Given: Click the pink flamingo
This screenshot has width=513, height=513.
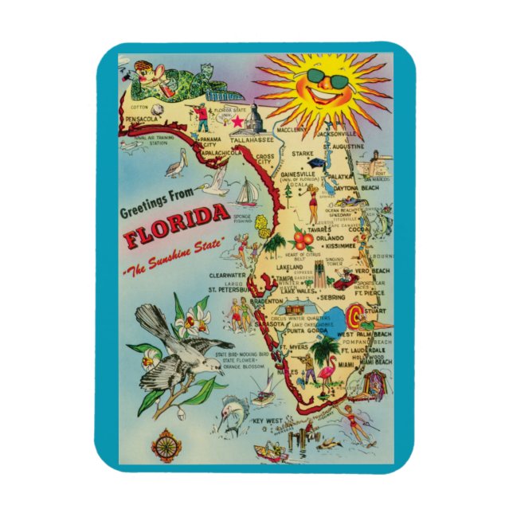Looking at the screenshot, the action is [328, 374].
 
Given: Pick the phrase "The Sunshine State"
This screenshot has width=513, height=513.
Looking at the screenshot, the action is [174, 253].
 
